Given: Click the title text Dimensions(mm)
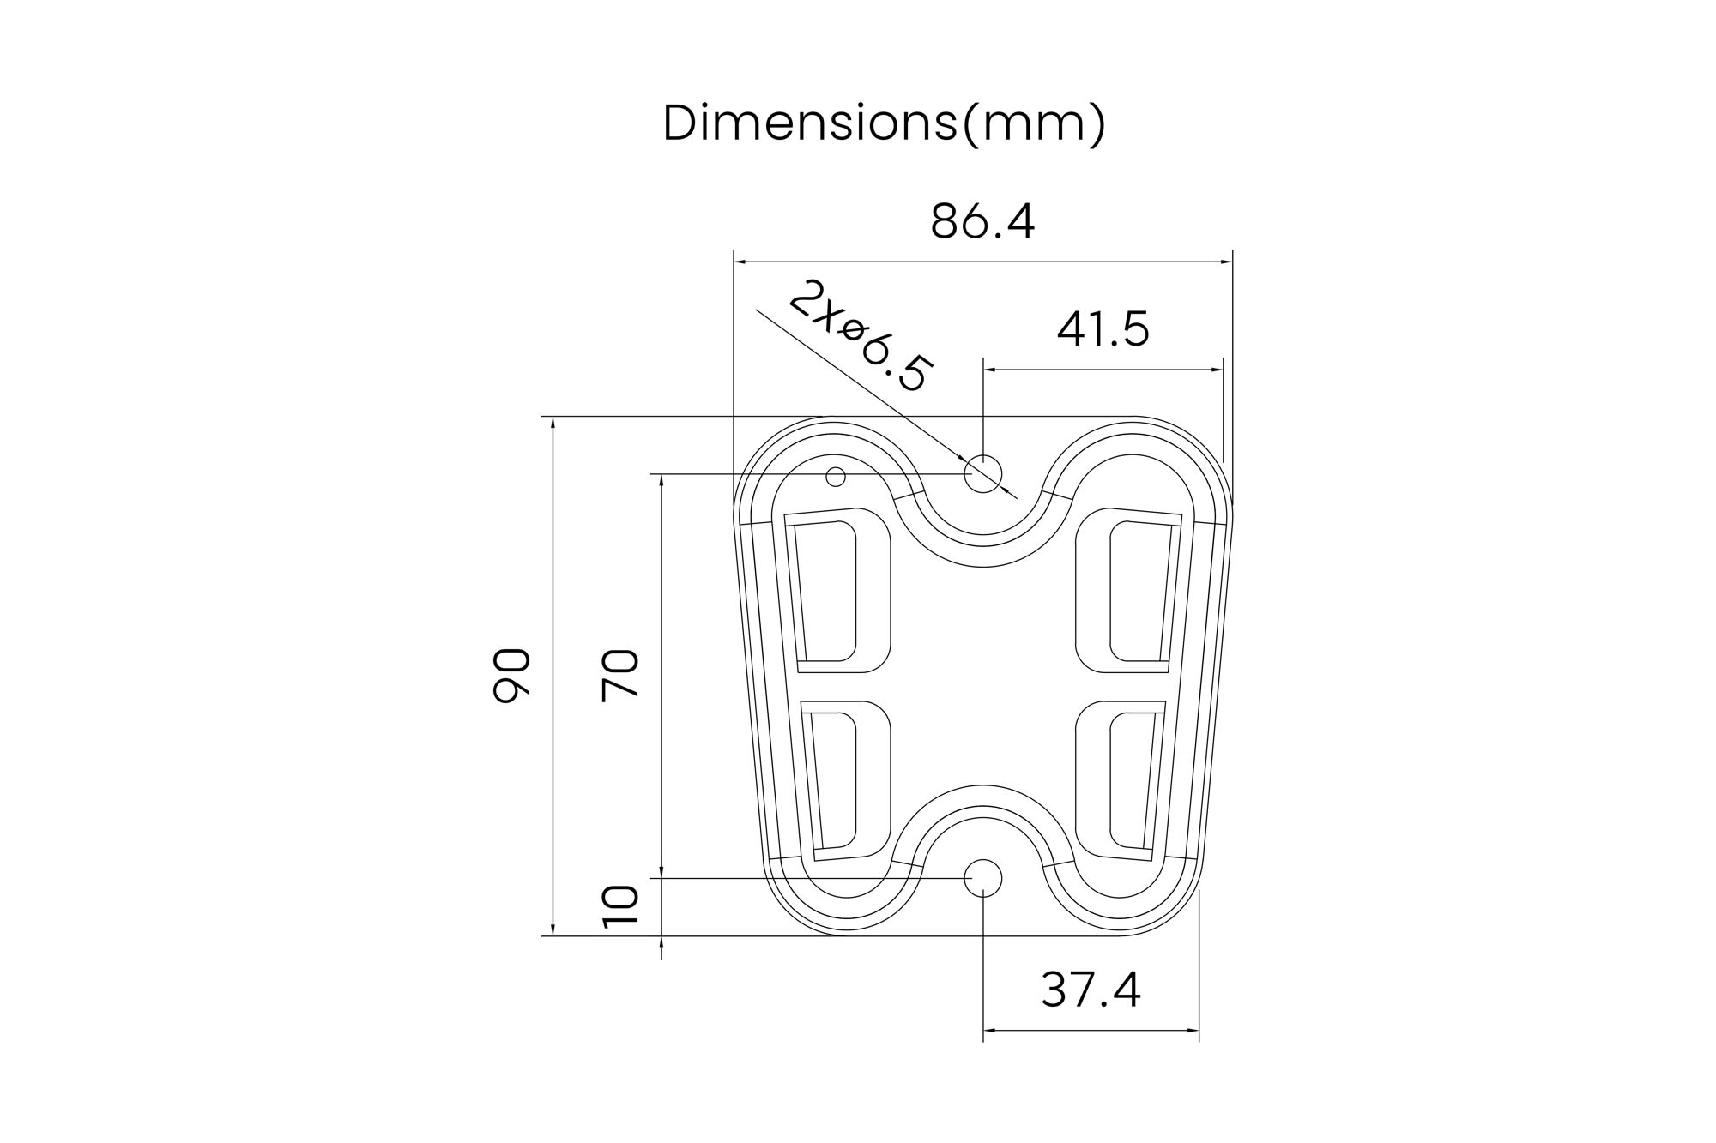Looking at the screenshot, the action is [885, 123].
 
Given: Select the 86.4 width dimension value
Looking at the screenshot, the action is [982, 221].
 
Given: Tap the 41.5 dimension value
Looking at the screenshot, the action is [1103, 329].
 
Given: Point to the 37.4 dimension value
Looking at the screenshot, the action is [1091, 990].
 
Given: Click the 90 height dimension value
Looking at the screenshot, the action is [512, 676].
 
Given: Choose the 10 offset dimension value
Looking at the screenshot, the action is [620, 907].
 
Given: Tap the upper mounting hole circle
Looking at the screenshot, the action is [983, 473].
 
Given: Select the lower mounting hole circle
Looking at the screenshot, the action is [983, 878].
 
